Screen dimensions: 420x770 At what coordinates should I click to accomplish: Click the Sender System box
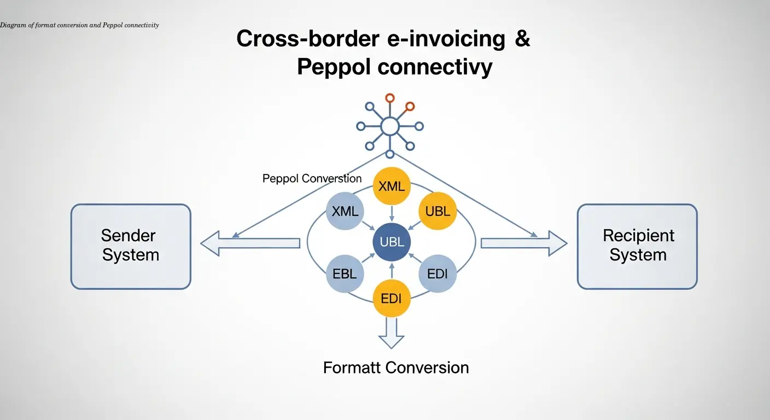tap(131, 247)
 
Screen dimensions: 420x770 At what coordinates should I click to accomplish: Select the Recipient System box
tap(637, 247)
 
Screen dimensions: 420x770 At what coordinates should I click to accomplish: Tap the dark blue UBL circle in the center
tap(392, 242)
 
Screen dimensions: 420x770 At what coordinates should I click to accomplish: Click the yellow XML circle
tap(392, 186)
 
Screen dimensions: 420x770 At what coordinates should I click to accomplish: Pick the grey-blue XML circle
tap(345, 212)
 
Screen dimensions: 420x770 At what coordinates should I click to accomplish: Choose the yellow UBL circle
tap(437, 212)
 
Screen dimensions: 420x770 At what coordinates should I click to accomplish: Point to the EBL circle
tap(345, 274)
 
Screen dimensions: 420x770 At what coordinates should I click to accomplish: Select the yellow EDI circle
tap(392, 299)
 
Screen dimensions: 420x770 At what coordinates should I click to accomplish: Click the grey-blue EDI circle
tap(437, 274)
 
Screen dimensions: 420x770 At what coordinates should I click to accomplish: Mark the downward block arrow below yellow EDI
tap(392, 332)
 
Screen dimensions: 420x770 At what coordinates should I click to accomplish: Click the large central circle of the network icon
tap(389, 126)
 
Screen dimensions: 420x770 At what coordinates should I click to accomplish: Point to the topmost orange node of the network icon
tap(389, 98)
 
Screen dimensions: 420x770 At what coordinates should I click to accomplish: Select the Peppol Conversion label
tap(312, 179)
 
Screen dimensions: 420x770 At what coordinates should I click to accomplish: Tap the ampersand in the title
tap(522, 39)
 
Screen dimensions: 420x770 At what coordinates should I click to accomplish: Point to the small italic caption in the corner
tap(79, 25)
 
